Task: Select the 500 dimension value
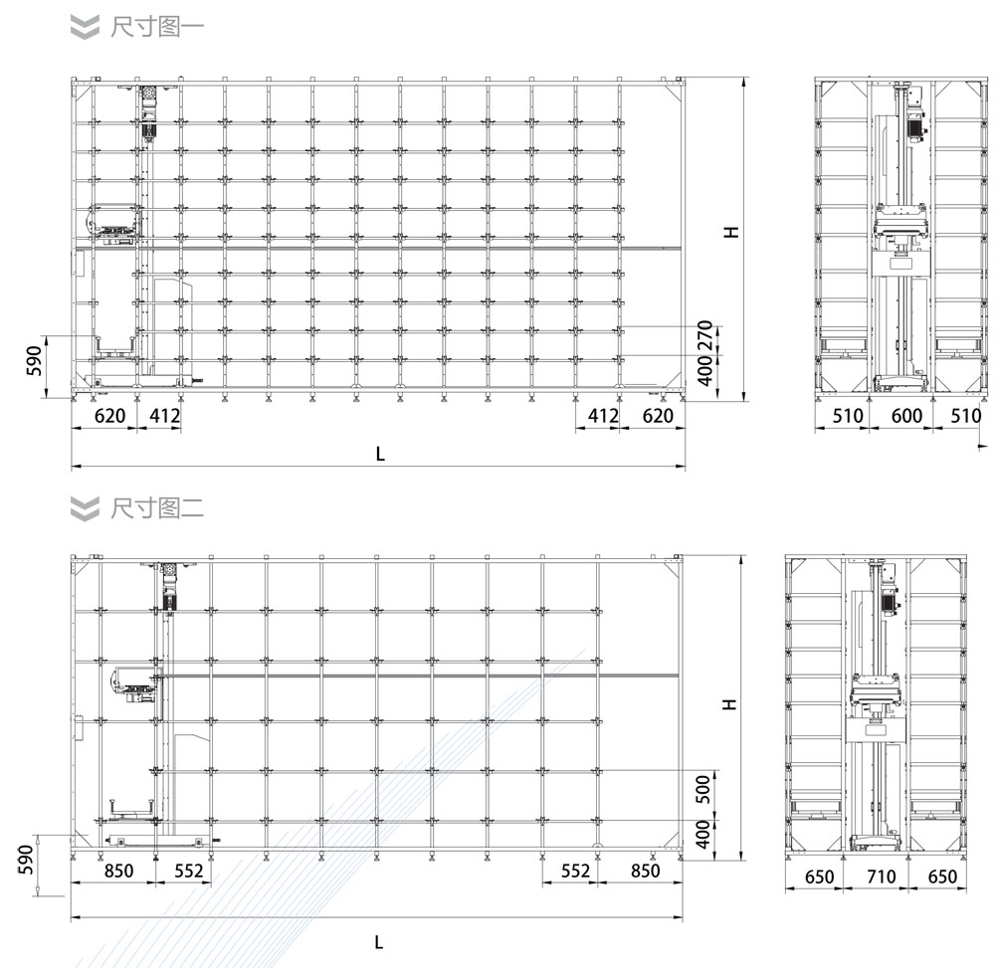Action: coord(703,789)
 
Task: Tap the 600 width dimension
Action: coord(906,416)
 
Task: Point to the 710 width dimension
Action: coord(881,876)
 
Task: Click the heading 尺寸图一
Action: coord(157,27)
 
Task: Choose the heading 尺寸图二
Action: coord(157,508)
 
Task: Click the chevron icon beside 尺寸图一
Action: coord(85,27)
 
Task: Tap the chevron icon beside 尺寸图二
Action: coord(85,508)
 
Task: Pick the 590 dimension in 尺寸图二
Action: coord(26,859)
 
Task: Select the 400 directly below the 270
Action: coord(704,370)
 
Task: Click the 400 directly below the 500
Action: coord(703,834)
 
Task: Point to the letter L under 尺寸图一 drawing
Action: coord(380,454)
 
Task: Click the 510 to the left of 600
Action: coord(847,416)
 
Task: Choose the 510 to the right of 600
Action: coord(966,416)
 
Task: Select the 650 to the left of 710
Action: coord(819,876)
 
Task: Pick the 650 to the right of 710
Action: coord(942,876)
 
